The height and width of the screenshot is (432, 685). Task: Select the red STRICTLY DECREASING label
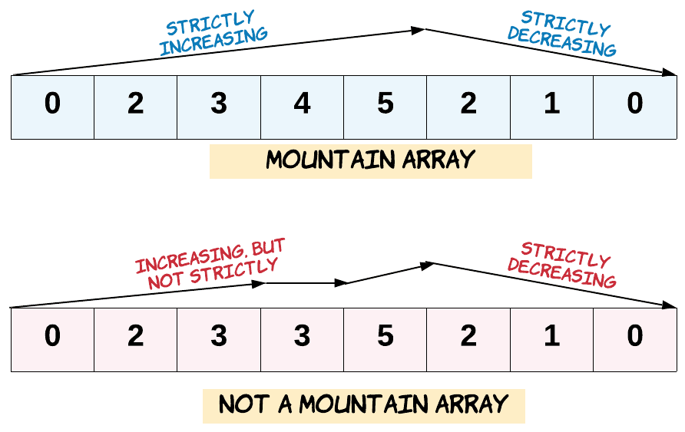point(563,265)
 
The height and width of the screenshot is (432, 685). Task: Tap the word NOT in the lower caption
point(244,404)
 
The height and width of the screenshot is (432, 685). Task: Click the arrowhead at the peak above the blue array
point(419,30)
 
